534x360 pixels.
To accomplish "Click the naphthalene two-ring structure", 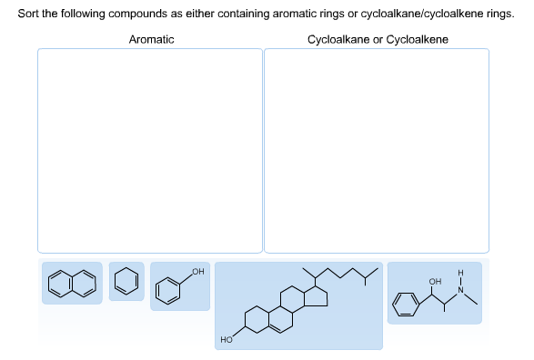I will point(72,284).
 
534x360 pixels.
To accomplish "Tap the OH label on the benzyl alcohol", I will point(198,271).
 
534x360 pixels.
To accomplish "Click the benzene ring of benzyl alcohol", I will point(168,289).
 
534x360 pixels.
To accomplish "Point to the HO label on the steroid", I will point(227,339).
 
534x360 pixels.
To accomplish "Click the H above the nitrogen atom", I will point(460,271).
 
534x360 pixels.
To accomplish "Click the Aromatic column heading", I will point(151,39).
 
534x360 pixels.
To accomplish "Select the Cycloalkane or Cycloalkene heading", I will point(377,39).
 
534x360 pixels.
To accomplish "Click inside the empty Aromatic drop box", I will point(149,150).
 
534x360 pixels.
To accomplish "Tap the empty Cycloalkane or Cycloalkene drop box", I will point(376,150).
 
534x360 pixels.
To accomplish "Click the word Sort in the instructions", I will point(28,15).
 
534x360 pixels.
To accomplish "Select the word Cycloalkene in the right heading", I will point(417,39).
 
